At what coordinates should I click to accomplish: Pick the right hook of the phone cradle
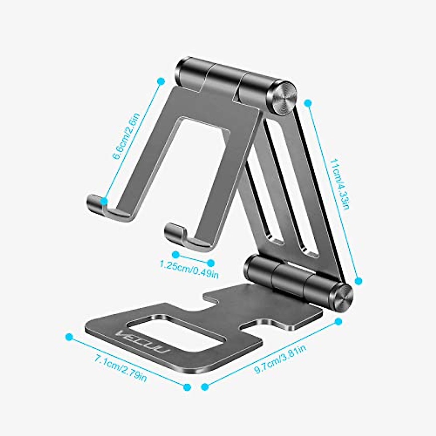click(x=174, y=233)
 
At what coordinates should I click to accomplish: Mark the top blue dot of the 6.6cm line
click(x=160, y=82)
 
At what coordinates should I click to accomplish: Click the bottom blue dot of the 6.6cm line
click(x=104, y=201)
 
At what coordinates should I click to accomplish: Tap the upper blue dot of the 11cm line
click(x=308, y=103)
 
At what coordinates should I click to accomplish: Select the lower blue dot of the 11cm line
click(x=358, y=280)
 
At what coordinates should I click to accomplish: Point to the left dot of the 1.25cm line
click(x=176, y=254)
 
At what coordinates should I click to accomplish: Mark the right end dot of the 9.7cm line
click(x=338, y=321)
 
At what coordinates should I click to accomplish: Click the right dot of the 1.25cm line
click(x=211, y=262)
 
